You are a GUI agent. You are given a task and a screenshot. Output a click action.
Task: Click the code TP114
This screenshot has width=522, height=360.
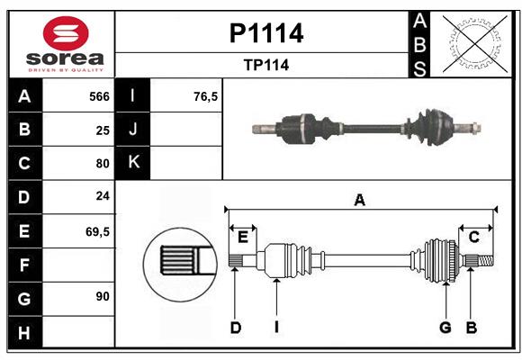265,65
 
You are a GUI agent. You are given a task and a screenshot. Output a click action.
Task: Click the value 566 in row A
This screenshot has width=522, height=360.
99,96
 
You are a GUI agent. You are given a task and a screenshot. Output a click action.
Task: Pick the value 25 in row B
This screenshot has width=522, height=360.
103,130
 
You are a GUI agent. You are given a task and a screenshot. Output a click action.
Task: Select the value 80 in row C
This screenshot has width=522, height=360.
103,164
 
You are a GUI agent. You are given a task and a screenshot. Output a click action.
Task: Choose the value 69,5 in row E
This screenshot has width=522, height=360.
97,231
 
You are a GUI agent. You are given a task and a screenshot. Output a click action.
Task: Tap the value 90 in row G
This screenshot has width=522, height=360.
103,296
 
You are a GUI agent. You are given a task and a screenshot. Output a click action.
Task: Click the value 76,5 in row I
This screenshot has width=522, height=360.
206,96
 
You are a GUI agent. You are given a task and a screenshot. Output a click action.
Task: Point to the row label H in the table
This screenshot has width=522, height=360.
24,333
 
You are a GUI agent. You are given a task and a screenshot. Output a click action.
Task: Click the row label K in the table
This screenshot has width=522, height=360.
134,163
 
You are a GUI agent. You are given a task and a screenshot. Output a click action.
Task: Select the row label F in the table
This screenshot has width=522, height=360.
24,265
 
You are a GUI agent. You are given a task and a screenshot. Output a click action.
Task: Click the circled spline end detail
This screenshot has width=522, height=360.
179,261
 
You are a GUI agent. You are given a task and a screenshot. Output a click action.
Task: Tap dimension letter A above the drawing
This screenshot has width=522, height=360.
360,200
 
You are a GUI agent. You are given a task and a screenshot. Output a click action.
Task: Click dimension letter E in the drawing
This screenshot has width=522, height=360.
243,236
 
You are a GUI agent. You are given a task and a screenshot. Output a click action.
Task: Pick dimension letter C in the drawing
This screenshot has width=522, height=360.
473,237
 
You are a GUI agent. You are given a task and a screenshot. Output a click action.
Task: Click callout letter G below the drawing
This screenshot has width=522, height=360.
445,328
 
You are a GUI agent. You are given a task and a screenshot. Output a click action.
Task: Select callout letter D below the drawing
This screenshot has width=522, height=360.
235,328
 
